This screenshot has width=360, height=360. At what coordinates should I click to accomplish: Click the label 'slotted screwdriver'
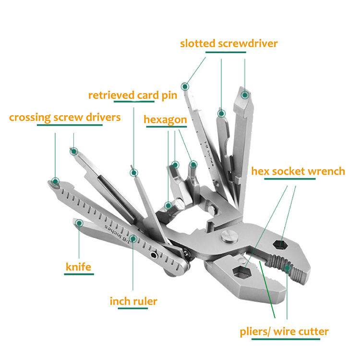point(228,44)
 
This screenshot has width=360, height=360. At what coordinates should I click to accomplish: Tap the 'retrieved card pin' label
point(132,95)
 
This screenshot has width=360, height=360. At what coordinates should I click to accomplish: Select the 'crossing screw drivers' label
point(65,117)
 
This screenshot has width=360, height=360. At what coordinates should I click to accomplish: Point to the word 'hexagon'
point(165,120)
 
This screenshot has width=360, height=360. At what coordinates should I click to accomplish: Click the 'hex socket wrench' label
point(298,171)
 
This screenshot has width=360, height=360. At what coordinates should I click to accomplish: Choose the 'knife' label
point(78,266)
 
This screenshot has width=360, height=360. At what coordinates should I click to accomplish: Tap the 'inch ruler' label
point(133,301)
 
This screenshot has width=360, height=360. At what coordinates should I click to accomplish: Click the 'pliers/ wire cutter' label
point(284,331)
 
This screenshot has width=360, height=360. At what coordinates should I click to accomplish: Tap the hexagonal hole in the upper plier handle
point(280,244)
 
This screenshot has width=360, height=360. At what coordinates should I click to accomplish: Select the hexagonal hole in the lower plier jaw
point(241,273)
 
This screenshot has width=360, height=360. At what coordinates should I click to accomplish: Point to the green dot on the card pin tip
point(134,172)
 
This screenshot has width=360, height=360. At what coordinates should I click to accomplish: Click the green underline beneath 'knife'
point(79,274)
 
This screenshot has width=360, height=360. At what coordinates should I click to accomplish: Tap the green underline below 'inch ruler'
point(133,310)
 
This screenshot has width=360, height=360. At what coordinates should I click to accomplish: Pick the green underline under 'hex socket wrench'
point(290,180)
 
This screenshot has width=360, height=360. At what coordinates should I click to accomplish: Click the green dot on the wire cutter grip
point(287,269)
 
